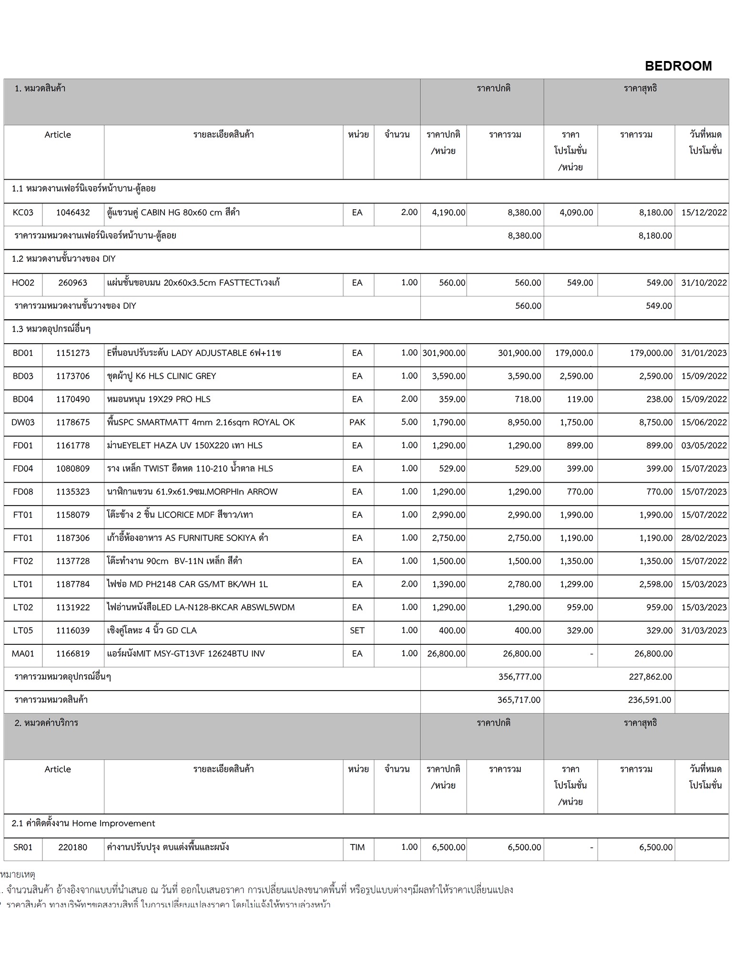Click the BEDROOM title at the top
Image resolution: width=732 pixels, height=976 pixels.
click(x=678, y=66)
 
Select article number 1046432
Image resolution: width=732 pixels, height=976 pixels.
click(x=73, y=213)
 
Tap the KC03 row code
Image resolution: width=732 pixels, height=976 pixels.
click(x=23, y=213)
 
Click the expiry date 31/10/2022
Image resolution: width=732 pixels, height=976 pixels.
click(x=703, y=283)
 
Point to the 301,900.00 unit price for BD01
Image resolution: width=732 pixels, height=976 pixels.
click(x=444, y=353)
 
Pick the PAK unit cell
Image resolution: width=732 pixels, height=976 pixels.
click(x=357, y=422)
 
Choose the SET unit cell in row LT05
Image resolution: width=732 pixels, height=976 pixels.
click(x=357, y=630)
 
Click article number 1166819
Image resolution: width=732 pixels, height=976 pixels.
click(x=73, y=654)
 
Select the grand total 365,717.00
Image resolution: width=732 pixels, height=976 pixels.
click(x=518, y=700)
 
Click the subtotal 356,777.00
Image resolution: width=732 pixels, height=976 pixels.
click(x=519, y=677)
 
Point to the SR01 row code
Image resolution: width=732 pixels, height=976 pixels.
click(x=23, y=847)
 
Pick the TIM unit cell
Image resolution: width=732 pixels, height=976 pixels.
click(x=357, y=847)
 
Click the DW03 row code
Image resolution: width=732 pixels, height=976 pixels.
click(x=23, y=422)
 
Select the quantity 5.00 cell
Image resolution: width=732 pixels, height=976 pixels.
click(x=409, y=422)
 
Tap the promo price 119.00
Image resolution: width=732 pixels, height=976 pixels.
click(x=579, y=399)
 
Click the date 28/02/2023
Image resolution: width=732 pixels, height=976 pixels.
click(x=703, y=538)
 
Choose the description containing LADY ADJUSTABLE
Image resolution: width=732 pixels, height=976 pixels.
click(x=194, y=353)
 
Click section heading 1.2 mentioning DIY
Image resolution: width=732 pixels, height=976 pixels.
click(x=64, y=259)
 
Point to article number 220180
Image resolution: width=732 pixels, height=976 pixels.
click(x=73, y=847)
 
